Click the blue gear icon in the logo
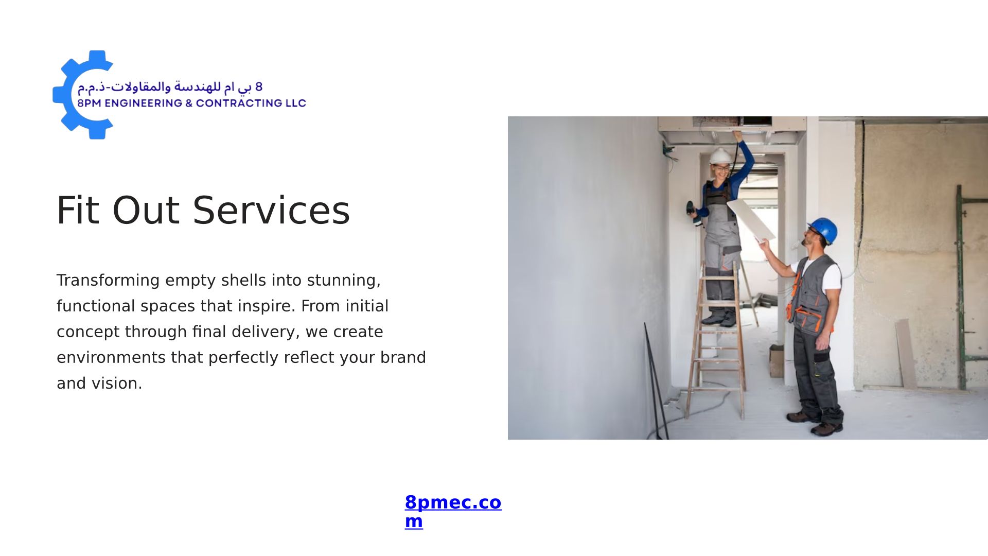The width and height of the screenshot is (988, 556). click(67, 95)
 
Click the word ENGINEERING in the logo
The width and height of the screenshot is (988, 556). click(144, 103)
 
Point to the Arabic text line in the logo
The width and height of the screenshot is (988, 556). click(170, 87)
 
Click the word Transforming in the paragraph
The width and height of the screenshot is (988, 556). click(108, 281)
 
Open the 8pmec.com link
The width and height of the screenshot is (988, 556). click(453, 511)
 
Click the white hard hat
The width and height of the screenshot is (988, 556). click(720, 156)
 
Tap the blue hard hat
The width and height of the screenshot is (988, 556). click(824, 229)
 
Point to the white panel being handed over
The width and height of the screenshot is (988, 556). click(751, 220)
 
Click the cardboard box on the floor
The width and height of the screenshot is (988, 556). click(777, 361)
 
